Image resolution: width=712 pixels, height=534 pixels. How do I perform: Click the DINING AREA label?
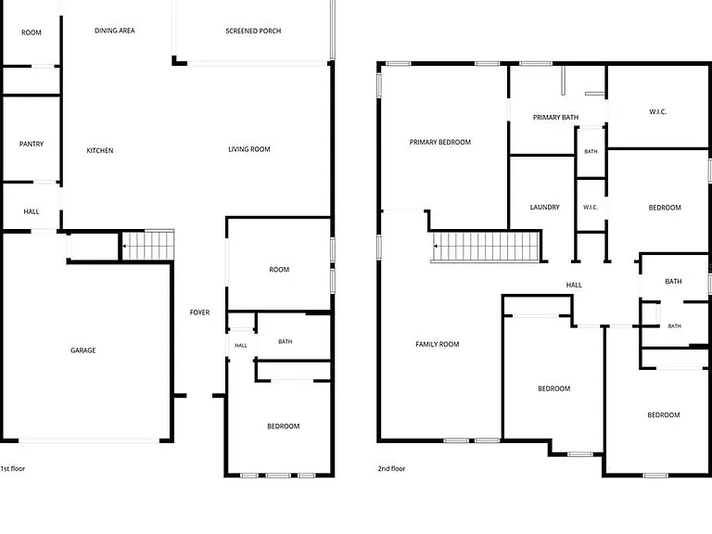pyautogui.click(x=114, y=31)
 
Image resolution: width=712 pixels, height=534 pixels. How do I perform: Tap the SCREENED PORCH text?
pyautogui.click(x=253, y=31)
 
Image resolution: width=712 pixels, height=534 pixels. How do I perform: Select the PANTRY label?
pyautogui.click(x=32, y=144)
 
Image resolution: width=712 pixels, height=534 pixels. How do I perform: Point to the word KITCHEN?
pyautogui.click(x=100, y=150)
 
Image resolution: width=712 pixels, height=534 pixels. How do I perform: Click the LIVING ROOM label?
pyautogui.click(x=249, y=149)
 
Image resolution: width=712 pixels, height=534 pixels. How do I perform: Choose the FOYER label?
pyautogui.click(x=200, y=312)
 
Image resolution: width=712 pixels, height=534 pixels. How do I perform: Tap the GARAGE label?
pyautogui.click(x=83, y=350)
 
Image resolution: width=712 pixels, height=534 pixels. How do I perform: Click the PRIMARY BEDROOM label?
pyautogui.click(x=440, y=142)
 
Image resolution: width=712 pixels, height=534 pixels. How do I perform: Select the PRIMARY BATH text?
pyautogui.click(x=556, y=117)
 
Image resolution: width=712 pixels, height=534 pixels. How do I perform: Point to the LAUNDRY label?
pyautogui.click(x=545, y=207)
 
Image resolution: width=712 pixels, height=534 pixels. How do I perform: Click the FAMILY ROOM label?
pyautogui.click(x=438, y=344)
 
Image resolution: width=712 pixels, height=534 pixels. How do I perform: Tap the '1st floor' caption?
pyautogui.click(x=13, y=468)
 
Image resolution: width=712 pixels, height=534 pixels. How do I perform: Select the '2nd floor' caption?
pyautogui.click(x=391, y=468)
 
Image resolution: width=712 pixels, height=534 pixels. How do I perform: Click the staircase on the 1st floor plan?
pyautogui.click(x=148, y=246)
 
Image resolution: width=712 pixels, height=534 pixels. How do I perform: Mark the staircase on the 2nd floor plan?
pyautogui.click(x=487, y=247)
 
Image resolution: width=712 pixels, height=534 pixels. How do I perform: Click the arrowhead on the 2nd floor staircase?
pyautogui.click(x=436, y=246)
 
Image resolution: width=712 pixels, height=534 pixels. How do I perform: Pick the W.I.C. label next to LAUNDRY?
pyautogui.click(x=591, y=207)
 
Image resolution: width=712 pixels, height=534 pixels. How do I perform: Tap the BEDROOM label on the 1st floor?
pyautogui.click(x=284, y=426)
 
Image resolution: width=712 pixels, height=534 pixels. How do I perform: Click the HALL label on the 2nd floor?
pyautogui.click(x=574, y=285)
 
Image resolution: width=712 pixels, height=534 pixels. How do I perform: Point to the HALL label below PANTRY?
pyautogui.click(x=32, y=211)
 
